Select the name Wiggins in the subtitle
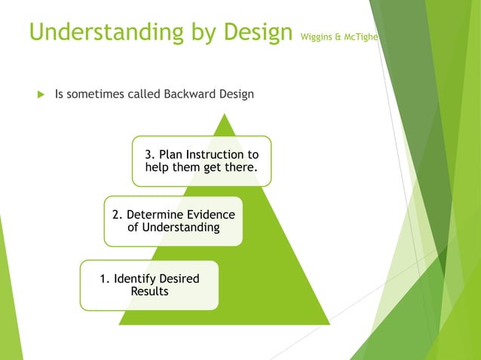coord(315,35)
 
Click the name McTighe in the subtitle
coord(361,35)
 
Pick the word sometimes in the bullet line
coord(97,94)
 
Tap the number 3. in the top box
coord(151,154)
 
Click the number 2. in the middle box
coord(118,215)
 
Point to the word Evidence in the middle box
coord(209,215)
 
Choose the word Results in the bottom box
coord(149,291)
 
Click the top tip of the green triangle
coord(224,114)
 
